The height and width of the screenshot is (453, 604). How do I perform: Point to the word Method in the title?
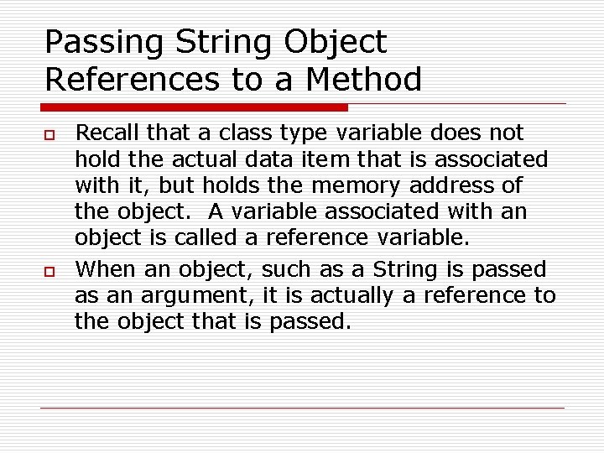click(364, 80)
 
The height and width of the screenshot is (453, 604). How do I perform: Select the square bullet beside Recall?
click(49, 134)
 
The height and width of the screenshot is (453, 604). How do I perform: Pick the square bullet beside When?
click(49, 271)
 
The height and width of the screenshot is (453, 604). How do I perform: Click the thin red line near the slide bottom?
click(302, 409)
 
